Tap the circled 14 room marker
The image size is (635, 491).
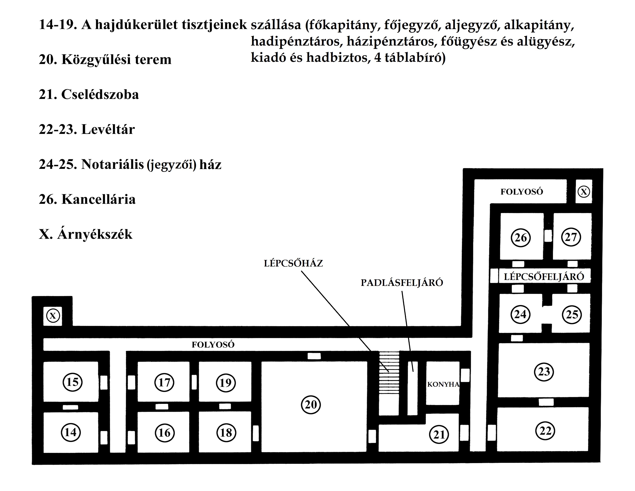click(x=71, y=432)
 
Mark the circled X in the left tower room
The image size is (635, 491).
click(x=53, y=316)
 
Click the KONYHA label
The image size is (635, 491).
click(x=443, y=384)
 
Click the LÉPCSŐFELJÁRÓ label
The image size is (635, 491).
click(x=544, y=277)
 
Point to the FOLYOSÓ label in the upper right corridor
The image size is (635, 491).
click(x=522, y=192)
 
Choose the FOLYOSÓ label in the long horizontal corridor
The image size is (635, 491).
click(x=213, y=345)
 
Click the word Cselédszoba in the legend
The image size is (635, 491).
click(x=100, y=94)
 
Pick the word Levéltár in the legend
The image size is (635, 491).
click(x=108, y=129)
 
